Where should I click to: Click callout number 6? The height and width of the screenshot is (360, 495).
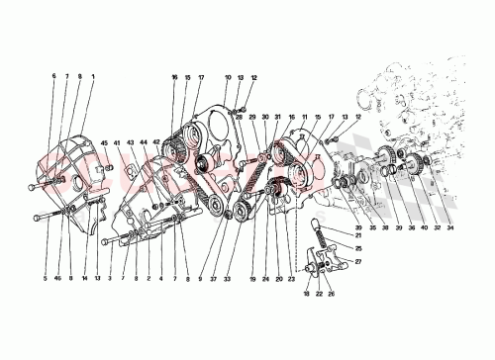coord(55,76)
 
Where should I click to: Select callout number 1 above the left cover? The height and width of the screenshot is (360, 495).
coord(93,76)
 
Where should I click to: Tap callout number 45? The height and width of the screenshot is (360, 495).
coord(104,143)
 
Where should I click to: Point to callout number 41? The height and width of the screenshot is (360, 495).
coord(117,143)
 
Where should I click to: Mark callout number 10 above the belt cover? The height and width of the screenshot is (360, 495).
coord(228,76)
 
